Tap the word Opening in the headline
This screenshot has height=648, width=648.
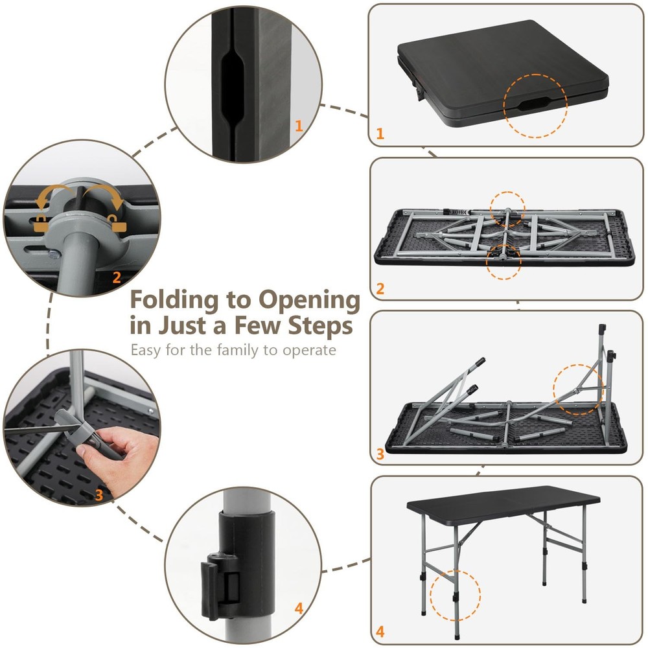(309, 301)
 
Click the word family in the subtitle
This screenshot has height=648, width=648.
(245, 350)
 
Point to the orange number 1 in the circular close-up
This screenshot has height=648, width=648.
(299, 126)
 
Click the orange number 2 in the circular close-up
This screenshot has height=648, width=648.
(117, 277)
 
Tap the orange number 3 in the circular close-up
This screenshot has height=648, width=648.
(99, 494)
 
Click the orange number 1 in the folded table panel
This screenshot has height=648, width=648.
(380, 134)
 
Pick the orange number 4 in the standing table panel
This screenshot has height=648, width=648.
(380, 631)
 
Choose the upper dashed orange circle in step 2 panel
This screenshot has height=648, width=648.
(507, 209)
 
